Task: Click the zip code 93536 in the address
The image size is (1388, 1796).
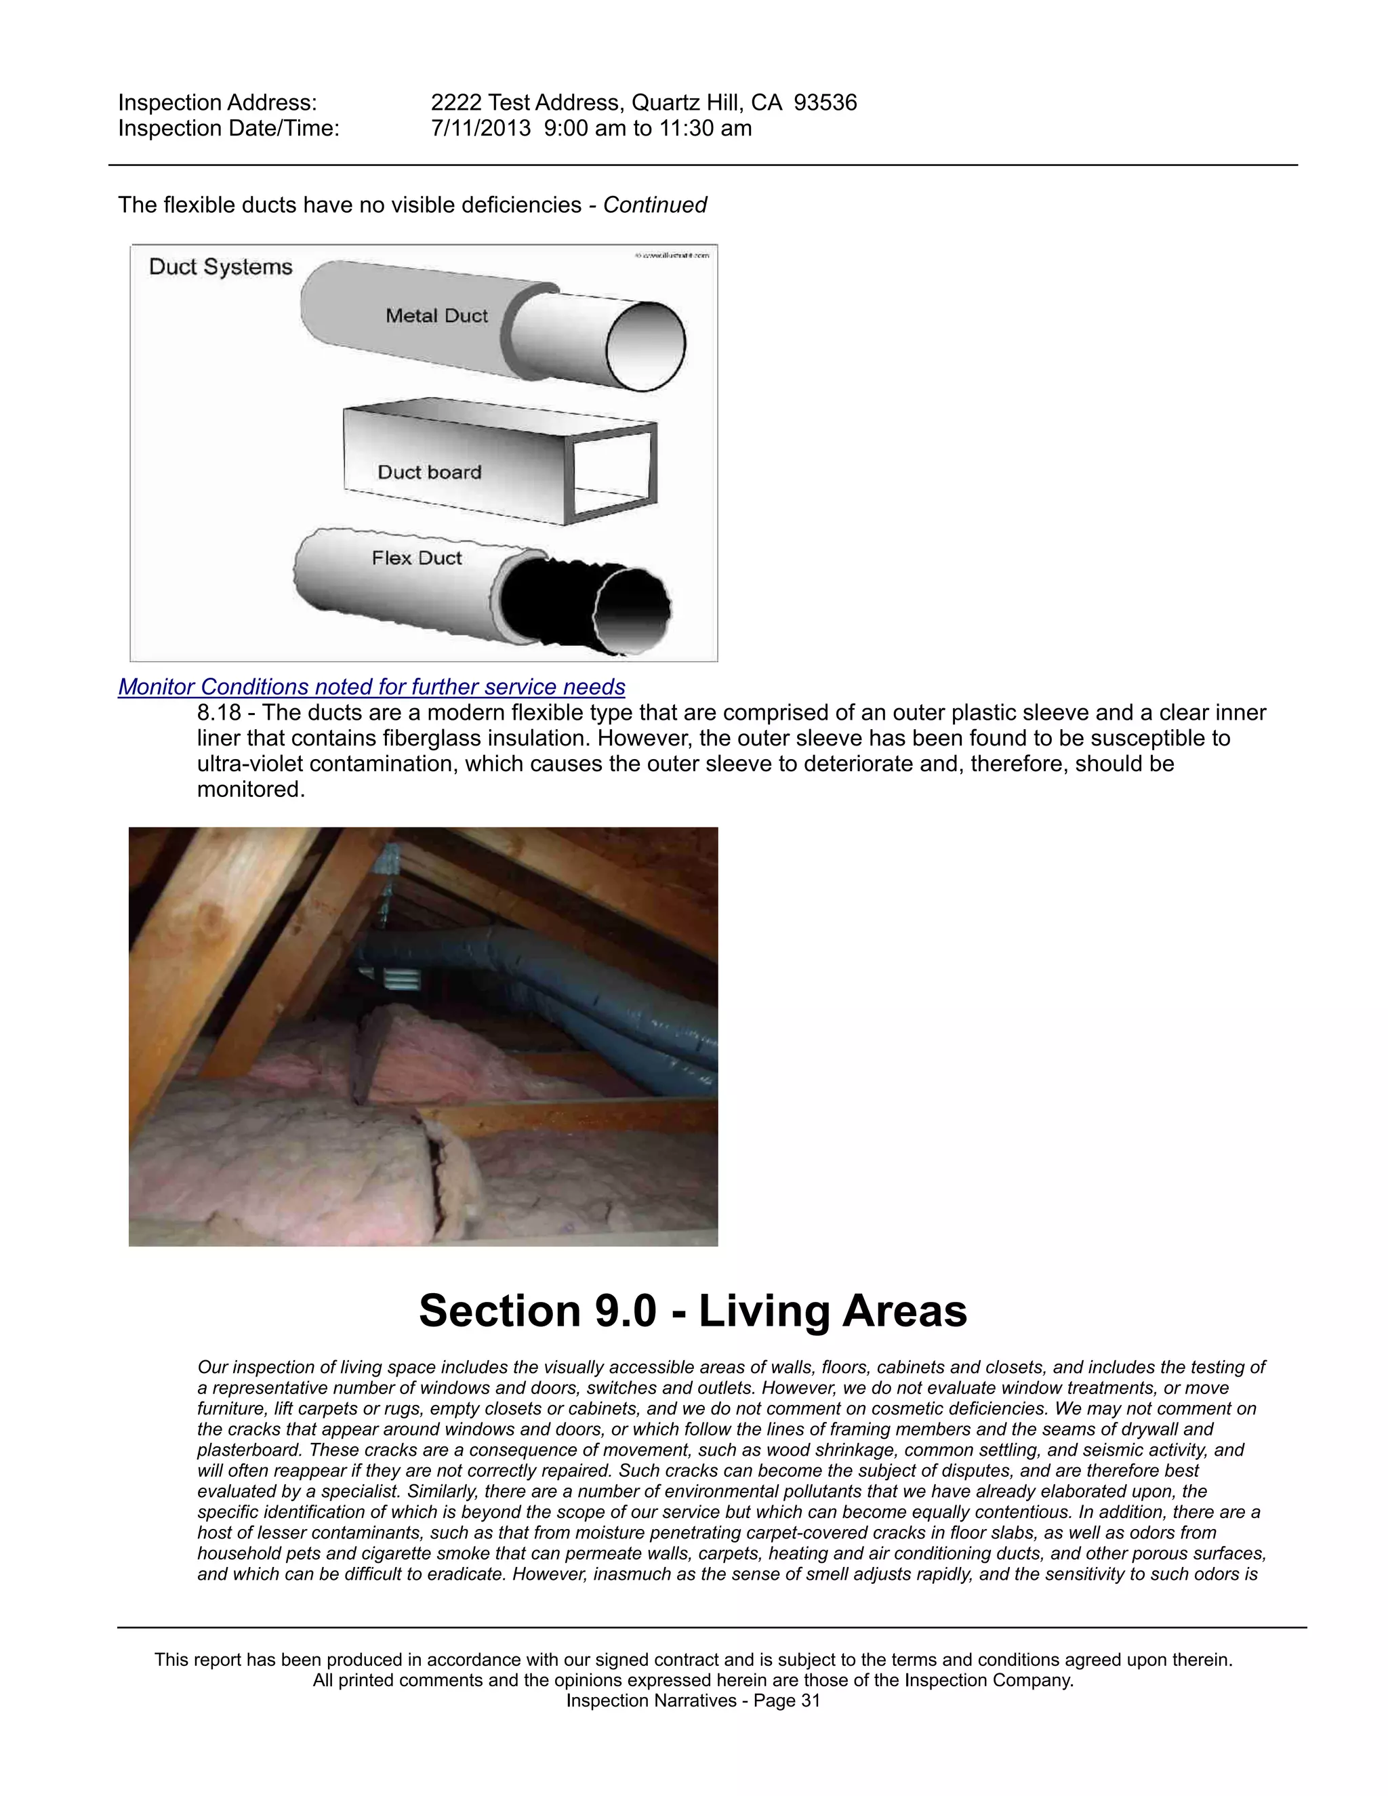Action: coord(825,103)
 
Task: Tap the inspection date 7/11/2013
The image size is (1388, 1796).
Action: coord(481,128)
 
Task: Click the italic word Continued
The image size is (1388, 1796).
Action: coord(655,205)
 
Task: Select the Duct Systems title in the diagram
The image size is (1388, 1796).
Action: coord(220,267)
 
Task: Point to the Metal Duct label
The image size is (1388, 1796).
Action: coord(436,316)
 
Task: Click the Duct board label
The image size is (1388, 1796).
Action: coord(429,472)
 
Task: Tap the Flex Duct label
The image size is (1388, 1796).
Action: coord(416,558)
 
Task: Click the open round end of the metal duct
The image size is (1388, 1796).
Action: coord(645,346)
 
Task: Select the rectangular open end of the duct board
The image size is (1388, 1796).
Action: coord(613,473)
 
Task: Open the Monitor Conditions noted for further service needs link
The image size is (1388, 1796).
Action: coord(371,687)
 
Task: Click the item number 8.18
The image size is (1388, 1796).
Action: coord(219,713)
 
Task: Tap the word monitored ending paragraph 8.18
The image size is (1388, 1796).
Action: coord(250,790)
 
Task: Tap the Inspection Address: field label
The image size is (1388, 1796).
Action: coord(217,103)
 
